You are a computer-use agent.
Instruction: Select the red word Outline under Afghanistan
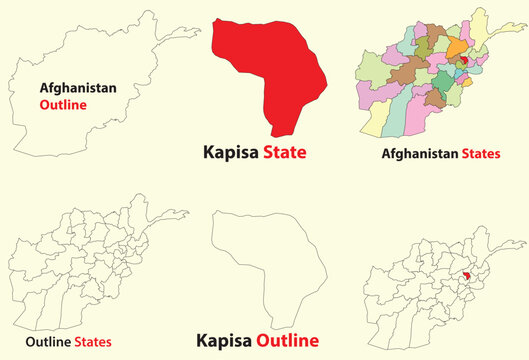coord(62,104)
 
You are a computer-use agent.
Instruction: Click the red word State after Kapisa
coord(284,152)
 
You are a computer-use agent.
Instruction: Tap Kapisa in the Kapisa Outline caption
coord(227,339)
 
